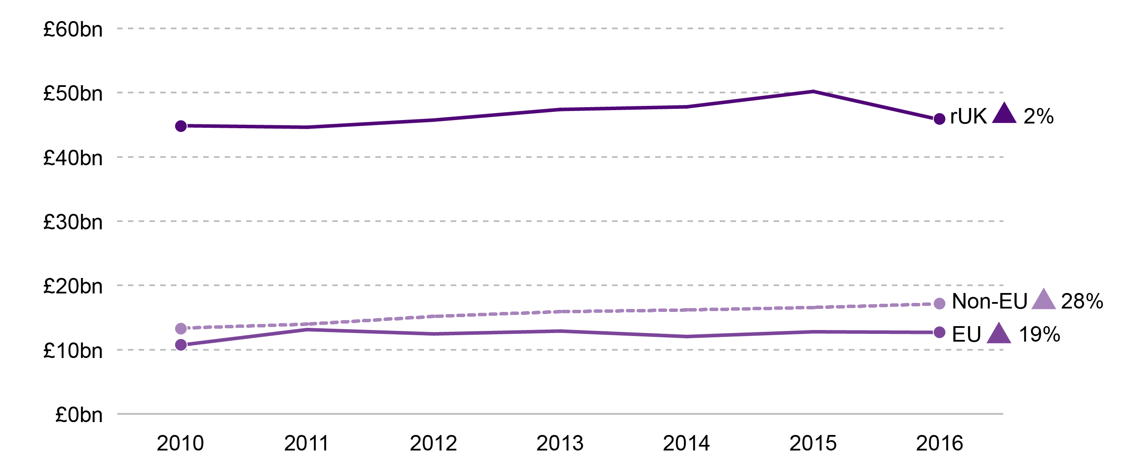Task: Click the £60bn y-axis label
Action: click(73, 29)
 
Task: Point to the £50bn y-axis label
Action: click(73, 93)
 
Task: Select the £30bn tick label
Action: click(73, 222)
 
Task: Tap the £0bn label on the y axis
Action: click(78, 414)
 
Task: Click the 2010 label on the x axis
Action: click(180, 443)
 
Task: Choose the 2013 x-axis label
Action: click(560, 443)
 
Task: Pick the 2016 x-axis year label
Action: click(939, 443)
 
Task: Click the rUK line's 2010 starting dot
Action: click(181, 126)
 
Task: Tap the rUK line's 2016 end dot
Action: click(939, 119)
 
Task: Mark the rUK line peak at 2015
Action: click(813, 92)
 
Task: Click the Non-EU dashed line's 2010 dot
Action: click(181, 329)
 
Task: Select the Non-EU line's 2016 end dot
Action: click(939, 304)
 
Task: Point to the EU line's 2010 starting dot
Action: click(181, 345)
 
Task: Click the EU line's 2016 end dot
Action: click(939, 332)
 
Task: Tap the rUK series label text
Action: click(968, 117)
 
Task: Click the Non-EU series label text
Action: click(989, 302)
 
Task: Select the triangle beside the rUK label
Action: click(1004, 114)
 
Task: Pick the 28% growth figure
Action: click(1082, 302)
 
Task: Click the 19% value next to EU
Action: click(1039, 334)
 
